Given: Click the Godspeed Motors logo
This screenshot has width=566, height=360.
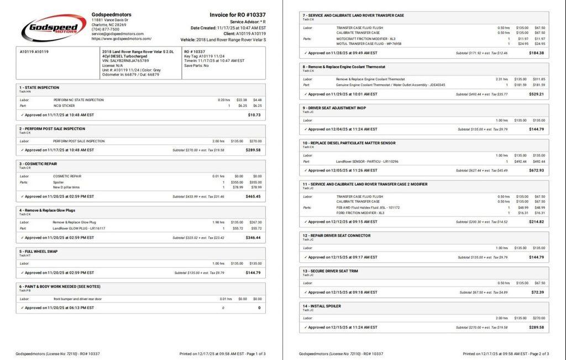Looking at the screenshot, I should click(x=54, y=28).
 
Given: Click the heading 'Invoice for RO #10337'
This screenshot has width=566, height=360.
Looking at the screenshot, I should click(x=237, y=15).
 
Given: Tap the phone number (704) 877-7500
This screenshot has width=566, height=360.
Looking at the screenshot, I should click(x=105, y=29).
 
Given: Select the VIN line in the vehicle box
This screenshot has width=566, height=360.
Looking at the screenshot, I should click(x=125, y=61).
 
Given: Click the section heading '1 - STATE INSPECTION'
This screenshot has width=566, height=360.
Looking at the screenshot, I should click(x=39, y=87).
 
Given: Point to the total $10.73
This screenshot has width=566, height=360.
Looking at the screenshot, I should click(x=254, y=115).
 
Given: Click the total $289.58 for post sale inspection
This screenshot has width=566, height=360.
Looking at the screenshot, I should click(x=253, y=150).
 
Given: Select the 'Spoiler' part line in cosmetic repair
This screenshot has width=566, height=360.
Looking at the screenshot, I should click(x=59, y=182).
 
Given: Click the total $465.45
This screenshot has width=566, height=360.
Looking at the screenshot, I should click(x=253, y=196).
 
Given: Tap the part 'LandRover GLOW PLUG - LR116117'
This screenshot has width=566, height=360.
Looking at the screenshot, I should click(x=78, y=228).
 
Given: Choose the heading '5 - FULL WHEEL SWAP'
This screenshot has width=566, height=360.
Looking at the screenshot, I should click(x=39, y=251).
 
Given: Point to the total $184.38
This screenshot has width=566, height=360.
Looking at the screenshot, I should click(x=536, y=53).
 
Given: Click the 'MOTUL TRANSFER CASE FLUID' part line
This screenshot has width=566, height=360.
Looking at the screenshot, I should click(x=369, y=44).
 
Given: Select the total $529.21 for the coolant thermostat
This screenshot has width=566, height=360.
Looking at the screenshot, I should click(x=536, y=94).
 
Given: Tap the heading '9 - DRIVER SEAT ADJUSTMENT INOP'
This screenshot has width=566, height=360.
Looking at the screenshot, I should click(x=334, y=108).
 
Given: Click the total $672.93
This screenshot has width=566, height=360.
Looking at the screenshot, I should click(x=536, y=170).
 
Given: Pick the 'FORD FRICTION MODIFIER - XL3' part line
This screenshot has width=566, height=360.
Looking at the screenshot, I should click(x=360, y=212).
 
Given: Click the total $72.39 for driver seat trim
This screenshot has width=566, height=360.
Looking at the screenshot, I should click(x=537, y=292).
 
